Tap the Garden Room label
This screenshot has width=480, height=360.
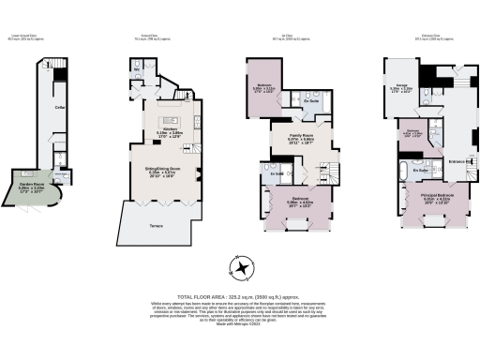(35, 186)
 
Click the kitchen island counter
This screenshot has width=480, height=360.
(171, 120)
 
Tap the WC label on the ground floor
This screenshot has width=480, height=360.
(137, 69)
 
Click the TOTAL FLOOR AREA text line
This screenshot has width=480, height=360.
(241, 295)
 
